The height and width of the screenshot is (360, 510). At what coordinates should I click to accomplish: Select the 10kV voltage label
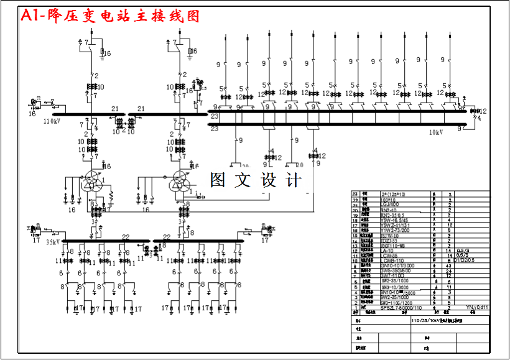[x=435, y=132]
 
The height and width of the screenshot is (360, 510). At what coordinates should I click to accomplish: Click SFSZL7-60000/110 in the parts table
[x=401, y=308]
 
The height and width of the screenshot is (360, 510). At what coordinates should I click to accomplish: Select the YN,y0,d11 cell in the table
[x=478, y=307]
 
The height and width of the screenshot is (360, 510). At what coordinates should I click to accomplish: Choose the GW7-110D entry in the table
[x=393, y=276]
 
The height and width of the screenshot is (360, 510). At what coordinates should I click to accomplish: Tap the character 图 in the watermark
[x=218, y=180]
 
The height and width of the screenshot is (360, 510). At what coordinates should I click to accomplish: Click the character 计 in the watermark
[x=293, y=180]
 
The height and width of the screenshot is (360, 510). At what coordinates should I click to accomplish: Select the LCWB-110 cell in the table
[x=394, y=261]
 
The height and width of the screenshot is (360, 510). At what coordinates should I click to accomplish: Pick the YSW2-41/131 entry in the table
[x=396, y=225]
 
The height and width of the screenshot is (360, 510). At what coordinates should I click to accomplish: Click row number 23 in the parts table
[x=356, y=194]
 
